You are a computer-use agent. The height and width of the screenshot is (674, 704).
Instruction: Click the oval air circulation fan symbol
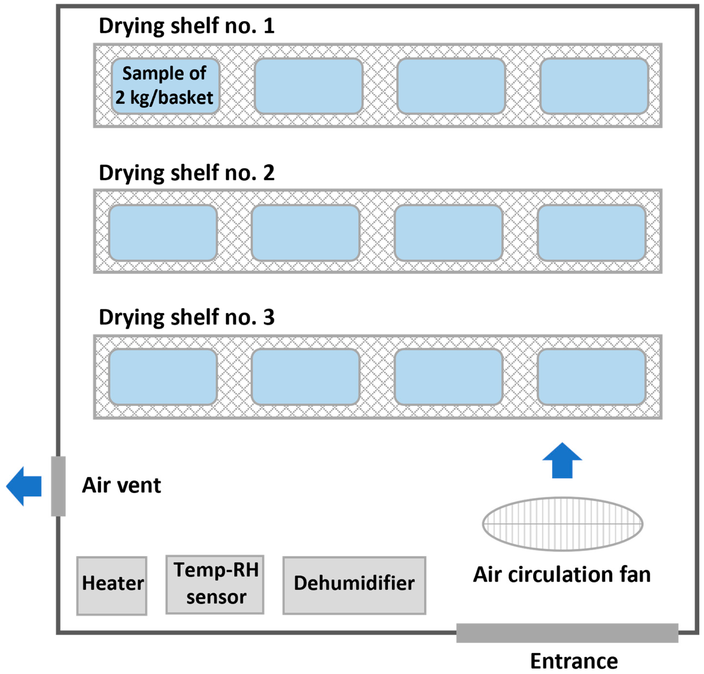coord(562,524)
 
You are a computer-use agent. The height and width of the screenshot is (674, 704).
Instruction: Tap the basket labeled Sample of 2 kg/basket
coord(165,86)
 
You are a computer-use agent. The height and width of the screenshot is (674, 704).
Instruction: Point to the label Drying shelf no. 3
coord(187,317)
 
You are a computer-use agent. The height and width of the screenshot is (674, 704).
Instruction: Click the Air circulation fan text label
coord(562,575)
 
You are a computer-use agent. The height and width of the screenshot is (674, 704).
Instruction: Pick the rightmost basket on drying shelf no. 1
coord(594,86)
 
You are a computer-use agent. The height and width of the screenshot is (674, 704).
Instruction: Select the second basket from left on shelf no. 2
coord(306,233)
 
